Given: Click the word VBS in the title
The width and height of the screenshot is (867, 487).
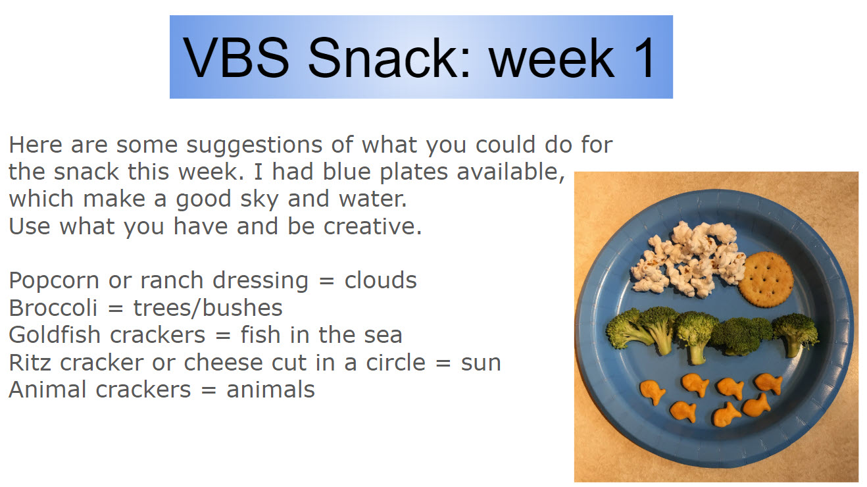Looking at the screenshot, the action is coord(235,58).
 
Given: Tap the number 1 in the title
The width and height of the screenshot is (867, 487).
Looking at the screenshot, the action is coord(643,58).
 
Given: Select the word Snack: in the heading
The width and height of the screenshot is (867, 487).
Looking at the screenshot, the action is coord(389,58).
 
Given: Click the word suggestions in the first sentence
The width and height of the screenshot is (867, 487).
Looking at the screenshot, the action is coord(254,146).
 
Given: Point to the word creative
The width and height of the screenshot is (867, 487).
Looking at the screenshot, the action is coord(372,226).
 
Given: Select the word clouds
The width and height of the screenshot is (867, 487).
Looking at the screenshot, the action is coord(380,280).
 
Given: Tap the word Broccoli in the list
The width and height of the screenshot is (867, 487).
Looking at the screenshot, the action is coord(53,308).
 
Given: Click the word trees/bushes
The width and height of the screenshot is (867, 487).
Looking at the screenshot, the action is coord(208,308).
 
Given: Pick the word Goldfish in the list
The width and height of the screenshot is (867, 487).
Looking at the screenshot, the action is coord(55,334).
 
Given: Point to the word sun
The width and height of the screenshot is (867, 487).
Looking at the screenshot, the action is coord(481,363).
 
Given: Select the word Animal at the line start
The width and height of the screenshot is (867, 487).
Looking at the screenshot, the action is coord(47,389).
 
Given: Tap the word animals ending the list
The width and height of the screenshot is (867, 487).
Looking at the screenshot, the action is coord(270,389).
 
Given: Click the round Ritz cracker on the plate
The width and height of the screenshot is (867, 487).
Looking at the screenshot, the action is coord(766,280).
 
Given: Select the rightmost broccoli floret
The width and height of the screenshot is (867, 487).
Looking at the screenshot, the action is coord(796,334).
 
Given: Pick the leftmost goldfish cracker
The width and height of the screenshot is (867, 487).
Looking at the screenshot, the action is coord(652,392).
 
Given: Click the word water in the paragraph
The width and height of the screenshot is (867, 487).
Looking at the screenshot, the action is coord(372,199).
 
